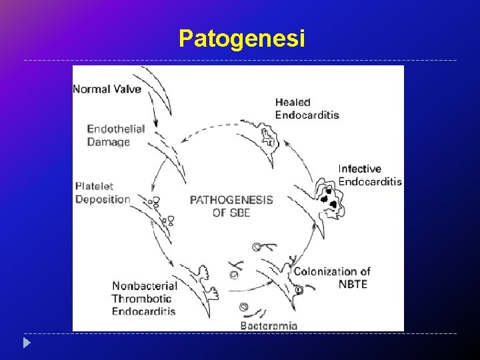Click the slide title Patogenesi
242,39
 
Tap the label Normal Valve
107,89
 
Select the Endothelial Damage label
115,135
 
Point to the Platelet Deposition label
103,193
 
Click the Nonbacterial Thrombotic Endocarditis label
144,299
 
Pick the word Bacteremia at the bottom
268,326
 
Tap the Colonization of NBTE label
331,277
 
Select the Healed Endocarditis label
307,108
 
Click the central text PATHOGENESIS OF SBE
231,206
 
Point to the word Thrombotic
141,299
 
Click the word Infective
360,169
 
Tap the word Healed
293,102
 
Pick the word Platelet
95,187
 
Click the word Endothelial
115,129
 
